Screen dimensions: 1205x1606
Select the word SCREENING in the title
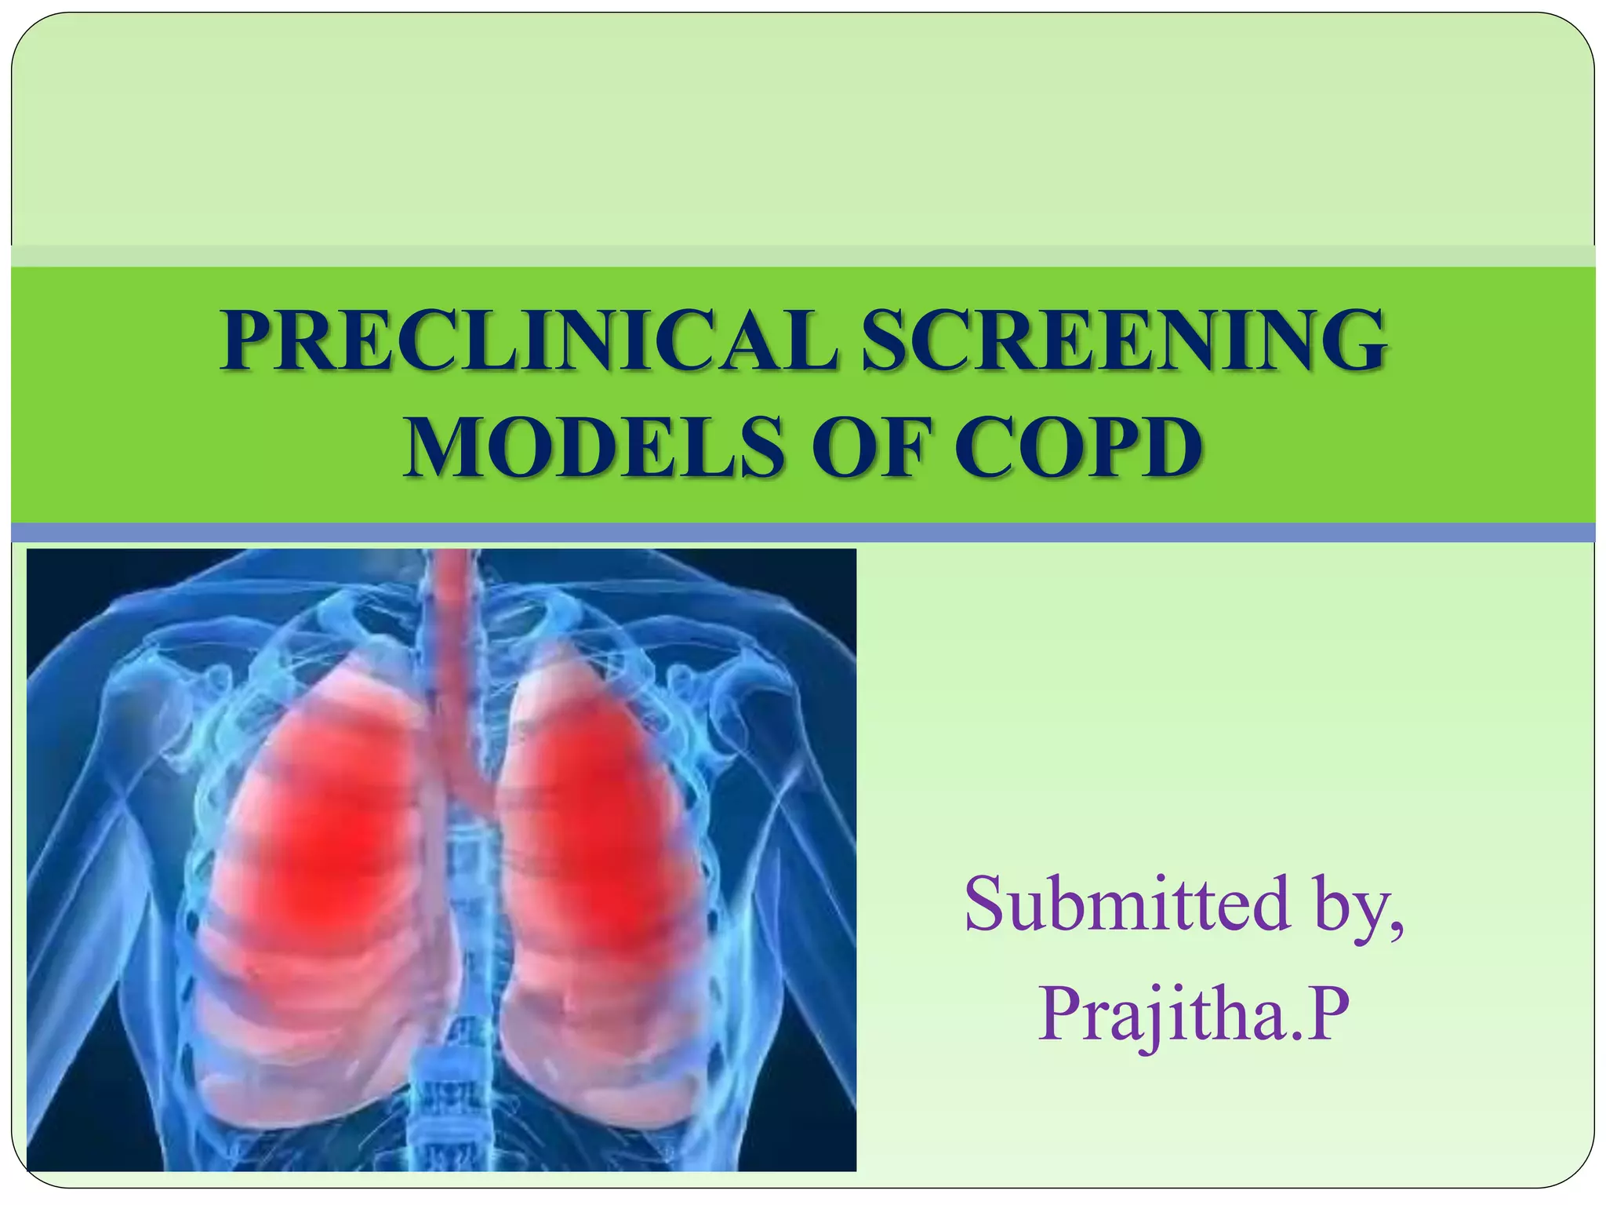[1122, 341]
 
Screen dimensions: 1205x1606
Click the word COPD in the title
[1077, 448]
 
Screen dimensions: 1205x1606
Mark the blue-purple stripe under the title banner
[803, 533]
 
